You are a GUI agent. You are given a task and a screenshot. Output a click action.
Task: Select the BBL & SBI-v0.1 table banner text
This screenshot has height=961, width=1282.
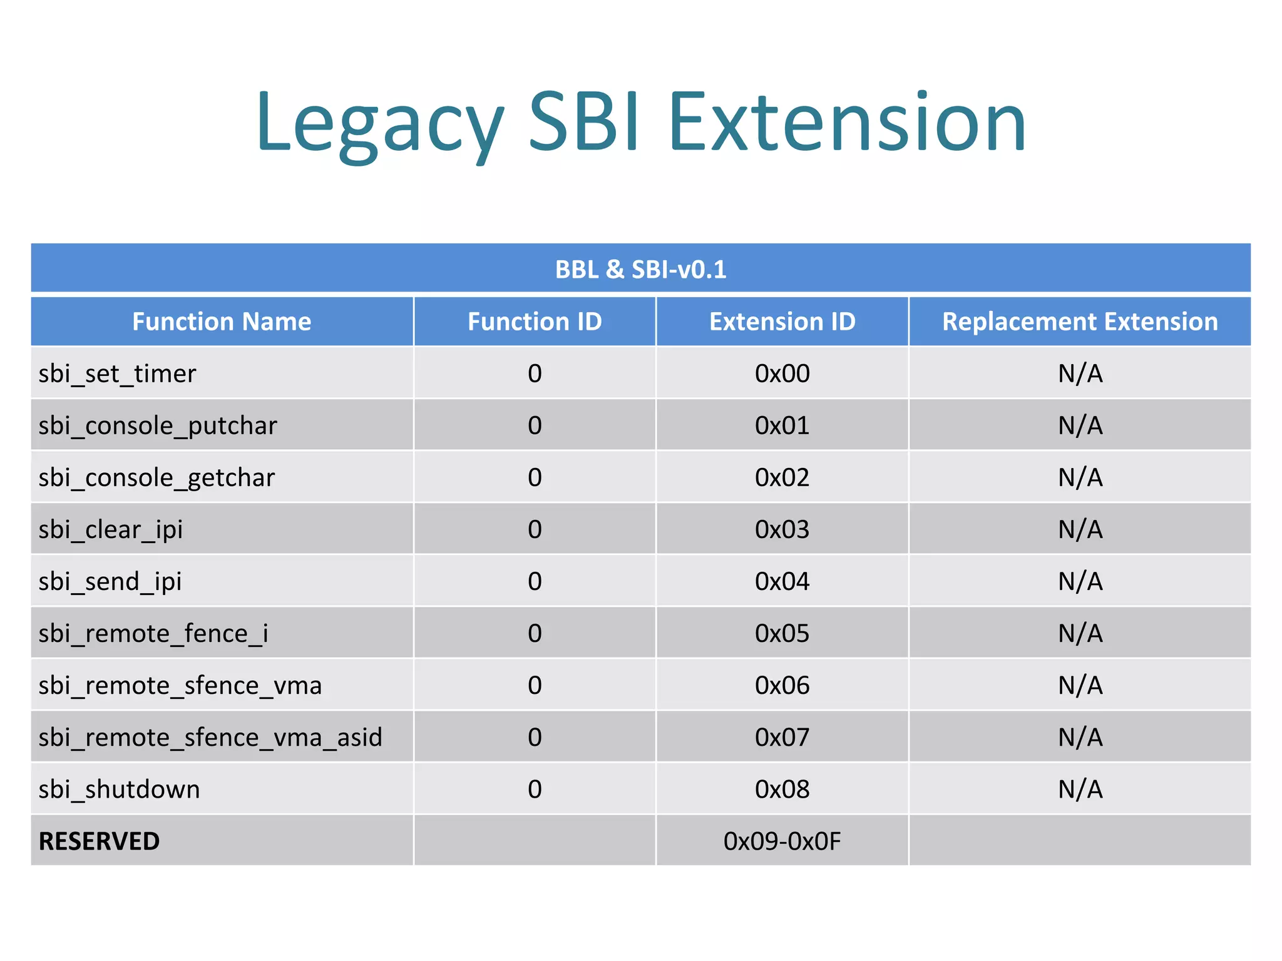640,270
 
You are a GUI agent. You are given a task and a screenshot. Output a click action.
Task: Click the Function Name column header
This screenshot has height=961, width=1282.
222,322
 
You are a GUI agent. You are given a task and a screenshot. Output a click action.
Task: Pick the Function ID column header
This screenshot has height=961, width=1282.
535,322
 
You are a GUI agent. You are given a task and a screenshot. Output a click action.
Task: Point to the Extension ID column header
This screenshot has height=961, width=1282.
782,322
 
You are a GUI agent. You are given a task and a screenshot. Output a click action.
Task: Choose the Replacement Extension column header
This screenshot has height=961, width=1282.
1080,322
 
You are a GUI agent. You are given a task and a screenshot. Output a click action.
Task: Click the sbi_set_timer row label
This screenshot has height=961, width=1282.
117,374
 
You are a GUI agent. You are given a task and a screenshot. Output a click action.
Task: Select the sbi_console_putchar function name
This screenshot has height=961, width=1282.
158,426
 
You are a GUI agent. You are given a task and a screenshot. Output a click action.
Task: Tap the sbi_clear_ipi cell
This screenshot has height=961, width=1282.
110,530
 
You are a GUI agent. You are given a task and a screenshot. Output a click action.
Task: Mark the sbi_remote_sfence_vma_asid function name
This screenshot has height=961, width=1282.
210,738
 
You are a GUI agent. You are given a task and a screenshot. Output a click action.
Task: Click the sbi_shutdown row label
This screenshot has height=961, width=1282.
119,790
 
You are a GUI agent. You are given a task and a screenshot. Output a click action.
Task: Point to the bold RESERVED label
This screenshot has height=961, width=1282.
99,842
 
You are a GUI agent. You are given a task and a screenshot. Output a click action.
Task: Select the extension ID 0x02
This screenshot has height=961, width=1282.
782,478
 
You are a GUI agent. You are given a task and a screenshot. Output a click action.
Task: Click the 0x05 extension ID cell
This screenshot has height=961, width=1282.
782,634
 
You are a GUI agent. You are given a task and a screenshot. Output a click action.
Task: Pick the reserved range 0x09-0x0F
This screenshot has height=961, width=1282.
782,842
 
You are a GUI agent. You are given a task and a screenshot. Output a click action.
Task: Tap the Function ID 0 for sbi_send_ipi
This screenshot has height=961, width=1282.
535,582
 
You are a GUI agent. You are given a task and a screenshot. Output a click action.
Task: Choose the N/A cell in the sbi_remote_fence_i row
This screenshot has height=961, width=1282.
1080,634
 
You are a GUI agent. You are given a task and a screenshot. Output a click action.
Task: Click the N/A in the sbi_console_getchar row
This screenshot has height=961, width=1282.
1080,478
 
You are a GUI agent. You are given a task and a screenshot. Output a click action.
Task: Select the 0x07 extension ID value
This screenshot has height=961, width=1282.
782,738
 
